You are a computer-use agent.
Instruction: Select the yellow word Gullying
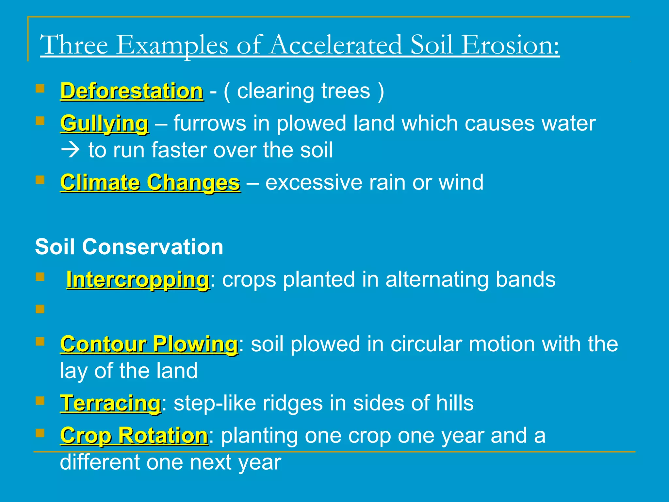[104, 124]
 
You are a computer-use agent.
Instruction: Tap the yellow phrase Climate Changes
[150, 182]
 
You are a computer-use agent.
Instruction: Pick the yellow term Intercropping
[138, 280]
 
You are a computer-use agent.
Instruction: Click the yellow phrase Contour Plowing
[149, 344]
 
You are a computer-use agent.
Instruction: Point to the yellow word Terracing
[110, 403]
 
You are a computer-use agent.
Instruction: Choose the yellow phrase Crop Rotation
[134, 436]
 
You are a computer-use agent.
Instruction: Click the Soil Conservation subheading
[129, 247]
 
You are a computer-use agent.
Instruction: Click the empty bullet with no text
[40, 309]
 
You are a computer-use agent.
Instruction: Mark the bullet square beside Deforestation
[40, 89]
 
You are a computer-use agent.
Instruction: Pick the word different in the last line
[100, 462]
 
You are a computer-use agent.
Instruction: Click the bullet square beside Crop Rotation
[40, 433]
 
